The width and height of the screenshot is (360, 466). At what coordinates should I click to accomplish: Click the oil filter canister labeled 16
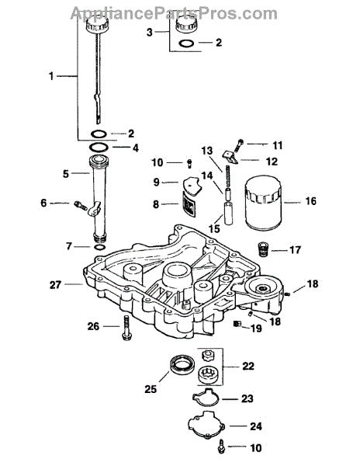262,203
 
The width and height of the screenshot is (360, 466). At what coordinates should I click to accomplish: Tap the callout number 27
56,285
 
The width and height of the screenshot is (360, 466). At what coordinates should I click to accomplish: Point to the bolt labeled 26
126,328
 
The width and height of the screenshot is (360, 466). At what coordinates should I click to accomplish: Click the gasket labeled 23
206,398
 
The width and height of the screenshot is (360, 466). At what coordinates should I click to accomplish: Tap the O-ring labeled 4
99,147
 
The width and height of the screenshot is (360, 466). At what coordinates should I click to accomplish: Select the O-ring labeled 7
99,247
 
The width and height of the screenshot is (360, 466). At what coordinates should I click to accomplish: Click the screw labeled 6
81,204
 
